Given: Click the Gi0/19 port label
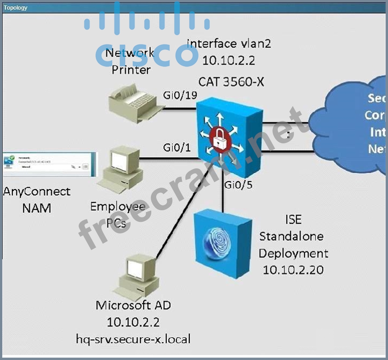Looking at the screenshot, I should coord(180,96).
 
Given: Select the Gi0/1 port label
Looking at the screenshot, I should coord(177,148).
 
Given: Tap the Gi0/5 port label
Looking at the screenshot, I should coord(238,184).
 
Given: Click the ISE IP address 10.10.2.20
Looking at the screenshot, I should coord(293,270).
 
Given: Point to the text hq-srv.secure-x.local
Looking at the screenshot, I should coord(133,339).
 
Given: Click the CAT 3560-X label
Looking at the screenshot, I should coord(231,82).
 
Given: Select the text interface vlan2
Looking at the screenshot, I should coord(228,44).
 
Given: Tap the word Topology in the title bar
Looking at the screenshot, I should coord(15,7).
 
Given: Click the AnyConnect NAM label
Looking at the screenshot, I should coord(37,200).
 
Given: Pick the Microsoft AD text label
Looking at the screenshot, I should coord(133,305).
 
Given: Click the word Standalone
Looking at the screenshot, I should coord(291,236).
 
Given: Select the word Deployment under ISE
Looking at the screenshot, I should coord(293,253).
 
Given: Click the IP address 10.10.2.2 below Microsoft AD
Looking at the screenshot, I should coord(133,322).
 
